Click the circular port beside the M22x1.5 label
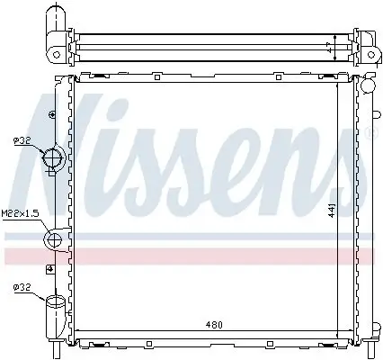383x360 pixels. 52,239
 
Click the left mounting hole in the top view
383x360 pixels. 57,54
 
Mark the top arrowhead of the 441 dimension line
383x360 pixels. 337,85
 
